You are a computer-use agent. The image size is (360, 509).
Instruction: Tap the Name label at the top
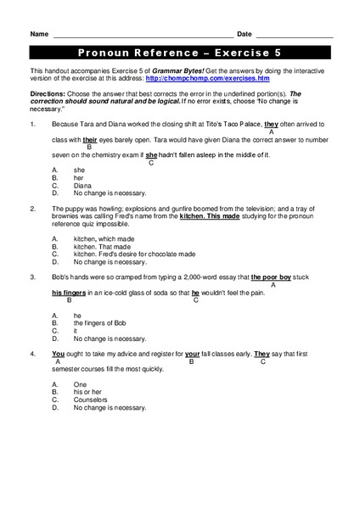[38, 34]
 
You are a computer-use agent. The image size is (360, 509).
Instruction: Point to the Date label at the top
[245, 34]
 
